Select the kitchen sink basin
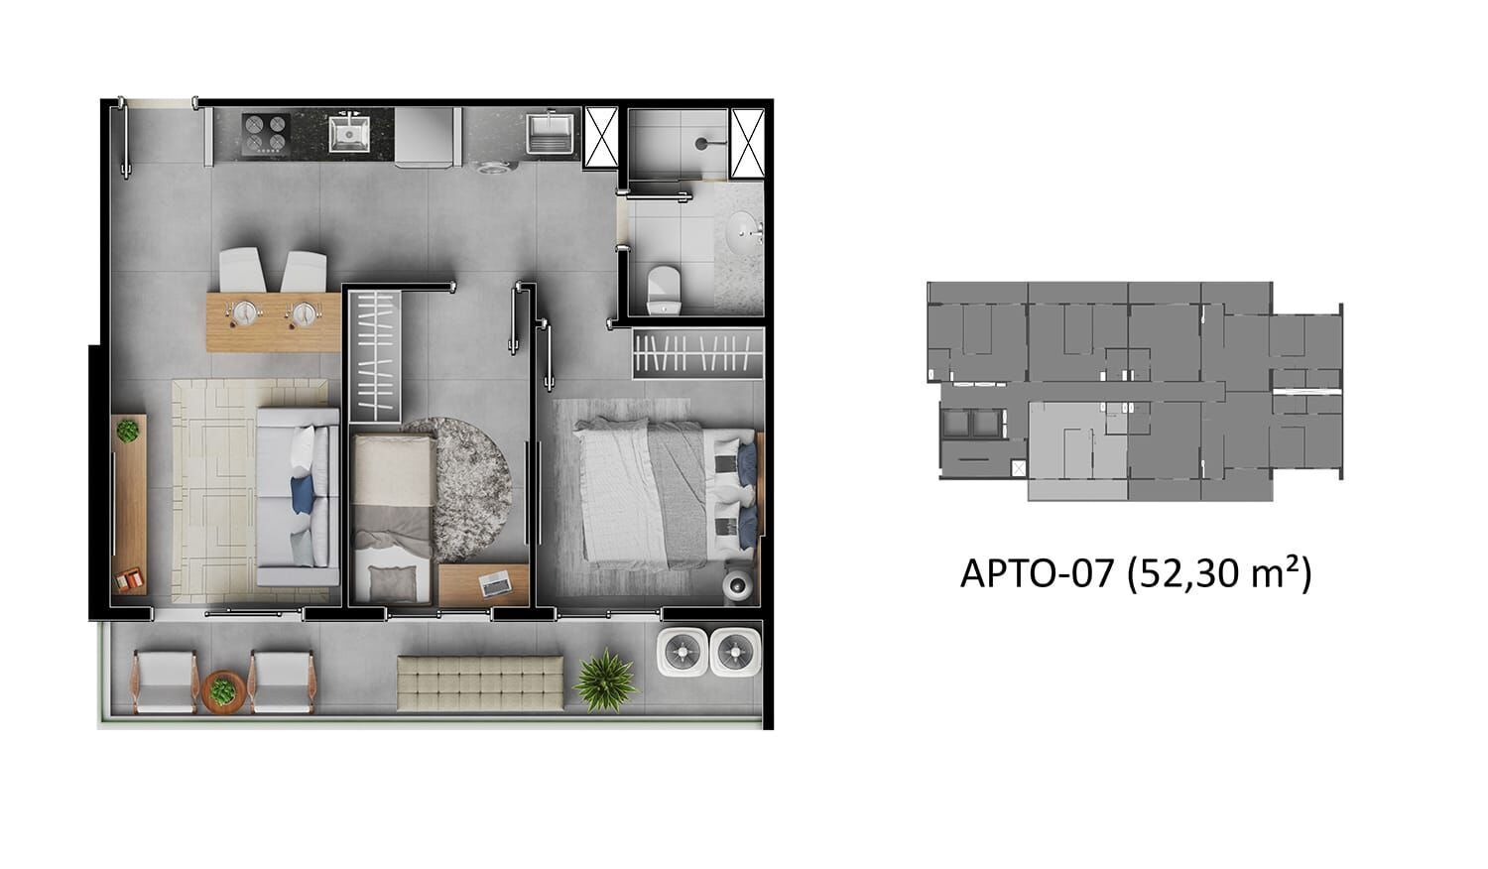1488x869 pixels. [x=349, y=132]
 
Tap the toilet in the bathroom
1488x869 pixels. [x=663, y=290]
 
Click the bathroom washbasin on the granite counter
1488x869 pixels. [x=742, y=234]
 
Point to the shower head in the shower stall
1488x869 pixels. [x=702, y=143]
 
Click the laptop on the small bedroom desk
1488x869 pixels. [x=494, y=584]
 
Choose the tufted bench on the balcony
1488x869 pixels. [x=480, y=683]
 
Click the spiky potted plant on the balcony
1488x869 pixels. [x=604, y=680]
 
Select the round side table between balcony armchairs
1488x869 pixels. [x=223, y=690]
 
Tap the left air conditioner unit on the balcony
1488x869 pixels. [x=682, y=652]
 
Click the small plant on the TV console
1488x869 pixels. [x=128, y=432]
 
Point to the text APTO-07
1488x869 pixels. [x=1037, y=573]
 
